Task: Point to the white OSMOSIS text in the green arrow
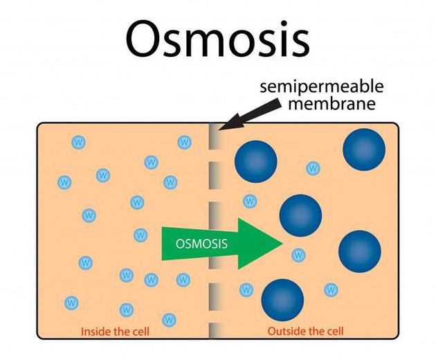[202, 244]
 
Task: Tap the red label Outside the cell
[305, 332]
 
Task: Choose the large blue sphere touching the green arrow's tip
[300, 215]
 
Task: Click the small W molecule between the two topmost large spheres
[314, 168]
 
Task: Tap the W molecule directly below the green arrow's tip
[298, 255]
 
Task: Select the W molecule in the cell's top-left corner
[79, 143]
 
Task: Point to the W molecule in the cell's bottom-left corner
[71, 303]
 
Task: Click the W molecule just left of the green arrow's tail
[140, 235]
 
